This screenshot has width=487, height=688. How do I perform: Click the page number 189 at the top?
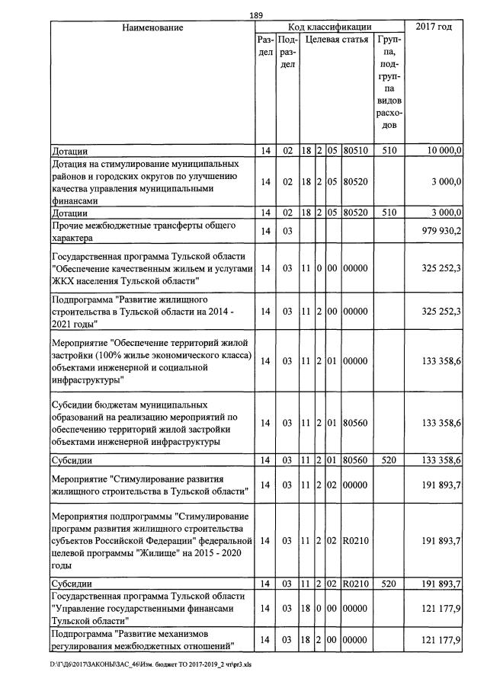[256, 14]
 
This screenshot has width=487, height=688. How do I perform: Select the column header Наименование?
[152, 27]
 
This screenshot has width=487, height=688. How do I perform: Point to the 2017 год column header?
[434, 27]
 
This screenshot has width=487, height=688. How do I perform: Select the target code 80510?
[355, 151]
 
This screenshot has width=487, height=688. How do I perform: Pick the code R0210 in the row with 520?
[355, 584]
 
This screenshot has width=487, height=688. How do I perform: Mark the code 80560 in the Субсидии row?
[355, 460]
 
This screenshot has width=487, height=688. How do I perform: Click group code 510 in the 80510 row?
[389, 151]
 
